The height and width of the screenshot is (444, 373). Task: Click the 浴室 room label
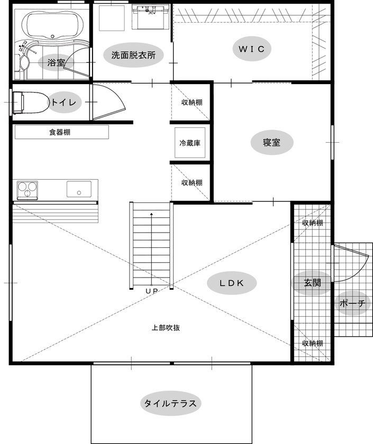pyautogui.click(x=56, y=62)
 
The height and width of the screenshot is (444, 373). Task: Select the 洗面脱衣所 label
pyautogui.click(x=133, y=55)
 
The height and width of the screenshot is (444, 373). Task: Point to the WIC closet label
pyautogui.click(x=254, y=49)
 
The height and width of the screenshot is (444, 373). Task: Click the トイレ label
pyautogui.click(x=65, y=102)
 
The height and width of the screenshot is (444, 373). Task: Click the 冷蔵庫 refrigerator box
pyautogui.click(x=189, y=143)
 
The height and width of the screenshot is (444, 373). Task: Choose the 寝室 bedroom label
pyautogui.click(x=271, y=142)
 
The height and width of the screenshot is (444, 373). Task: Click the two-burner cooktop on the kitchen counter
pyautogui.click(x=28, y=188)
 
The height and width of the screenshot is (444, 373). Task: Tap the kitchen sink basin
pyautogui.click(x=79, y=188)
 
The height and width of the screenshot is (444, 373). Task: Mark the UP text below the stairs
pyautogui.click(x=152, y=290)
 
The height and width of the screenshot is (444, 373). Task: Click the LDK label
pyautogui.click(x=231, y=283)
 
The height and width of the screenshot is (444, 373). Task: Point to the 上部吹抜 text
pyautogui.click(x=166, y=327)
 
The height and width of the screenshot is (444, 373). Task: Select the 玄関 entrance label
pyautogui.click(x=312, y=282)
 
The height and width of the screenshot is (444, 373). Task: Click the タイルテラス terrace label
pyautogui.click(x=171, y=404)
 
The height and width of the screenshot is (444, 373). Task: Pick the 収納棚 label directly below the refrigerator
pyautogui.click(x=192, y=183)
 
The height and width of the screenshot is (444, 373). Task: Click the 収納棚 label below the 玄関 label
pyautogui.click(x=312, y=343)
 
